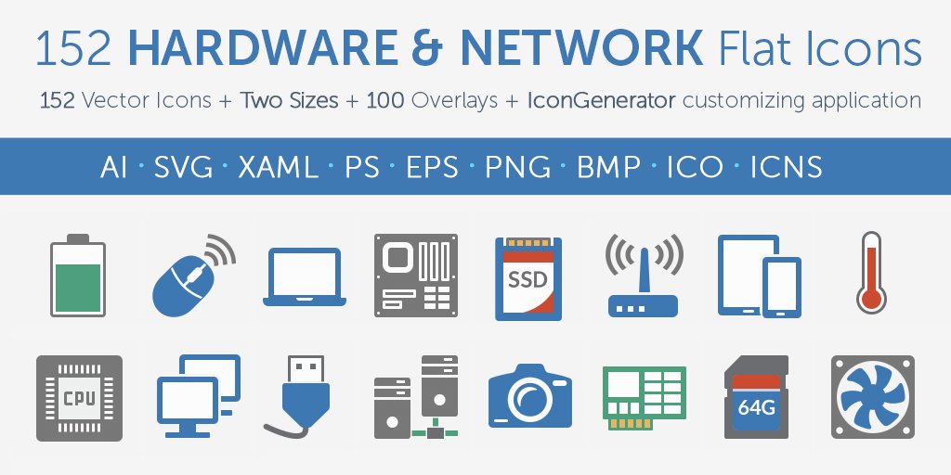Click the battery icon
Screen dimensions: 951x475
[78, 275]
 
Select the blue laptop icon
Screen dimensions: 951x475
[305, 276]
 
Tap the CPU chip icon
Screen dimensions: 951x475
[78, 396]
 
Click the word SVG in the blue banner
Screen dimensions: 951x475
[183, 167]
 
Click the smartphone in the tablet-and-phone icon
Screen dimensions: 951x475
[782, 288]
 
